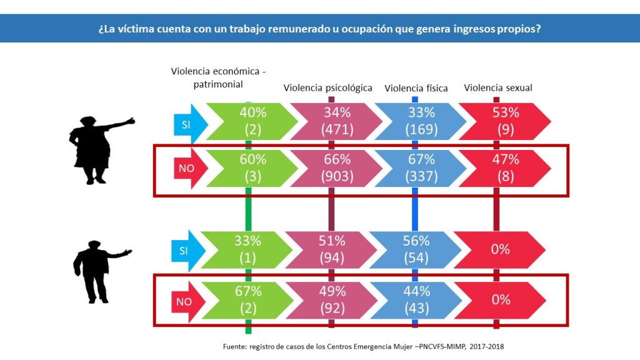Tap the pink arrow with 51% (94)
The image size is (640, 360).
tap(332, 249)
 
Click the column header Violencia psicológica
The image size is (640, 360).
tap(328, 88)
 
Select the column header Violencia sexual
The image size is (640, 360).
tap(498, 88)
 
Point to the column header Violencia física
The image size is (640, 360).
tap(416, 88)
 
